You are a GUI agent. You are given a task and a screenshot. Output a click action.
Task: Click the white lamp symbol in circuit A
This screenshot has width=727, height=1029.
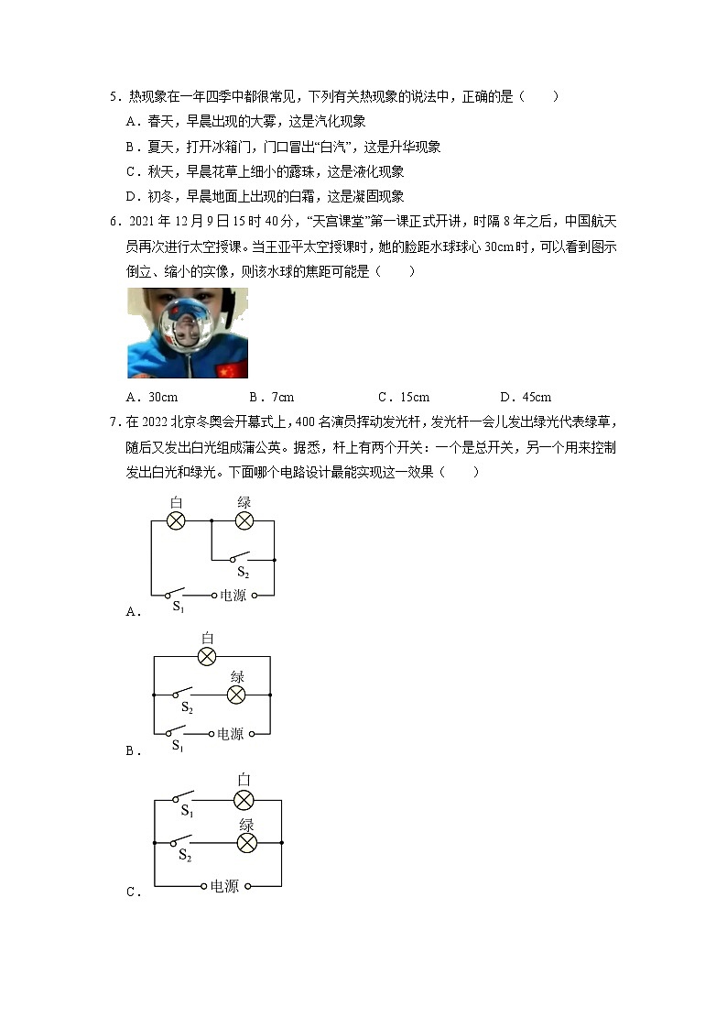(x=176, y=520)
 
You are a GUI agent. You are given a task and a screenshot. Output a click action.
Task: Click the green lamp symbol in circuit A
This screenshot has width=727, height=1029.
(x=244, y=520)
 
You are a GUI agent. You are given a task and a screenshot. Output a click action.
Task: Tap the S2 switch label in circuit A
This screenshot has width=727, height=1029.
(x=243, y=573)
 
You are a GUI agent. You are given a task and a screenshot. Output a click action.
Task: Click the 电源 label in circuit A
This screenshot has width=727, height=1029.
(x=233, y=595)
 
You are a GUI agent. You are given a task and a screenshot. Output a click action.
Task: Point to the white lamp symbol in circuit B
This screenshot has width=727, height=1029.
(x=208, y=656)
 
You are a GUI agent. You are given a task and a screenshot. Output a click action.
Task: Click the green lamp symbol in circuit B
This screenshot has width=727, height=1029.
(x=236, y=695)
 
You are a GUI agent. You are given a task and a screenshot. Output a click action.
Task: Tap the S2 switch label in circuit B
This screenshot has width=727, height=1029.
(x=187, y=708)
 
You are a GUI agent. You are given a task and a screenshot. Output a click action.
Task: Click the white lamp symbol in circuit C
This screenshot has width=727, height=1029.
(x=244, y=800)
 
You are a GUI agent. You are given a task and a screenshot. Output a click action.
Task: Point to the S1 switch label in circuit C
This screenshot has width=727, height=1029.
(x=186, y=811)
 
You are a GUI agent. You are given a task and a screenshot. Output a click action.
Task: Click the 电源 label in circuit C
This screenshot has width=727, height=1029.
(x=224, y=886)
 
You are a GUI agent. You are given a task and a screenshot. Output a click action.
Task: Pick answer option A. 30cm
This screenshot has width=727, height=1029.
(x=152, y=397)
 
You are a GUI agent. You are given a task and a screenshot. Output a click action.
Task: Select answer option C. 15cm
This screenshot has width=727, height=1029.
(x=403, y=397)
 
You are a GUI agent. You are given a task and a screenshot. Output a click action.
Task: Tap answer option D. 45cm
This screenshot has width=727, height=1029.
(x=526, y=397)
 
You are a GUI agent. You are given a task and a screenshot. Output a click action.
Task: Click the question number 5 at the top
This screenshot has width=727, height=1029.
(x=113, y=96)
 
